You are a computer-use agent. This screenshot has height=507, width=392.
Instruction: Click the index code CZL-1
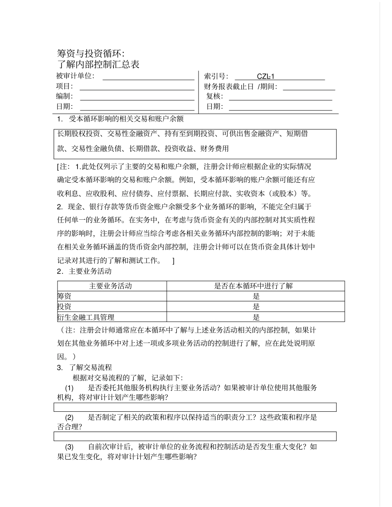click(265, 76)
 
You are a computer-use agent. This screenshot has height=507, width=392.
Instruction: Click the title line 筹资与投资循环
click(90, 54)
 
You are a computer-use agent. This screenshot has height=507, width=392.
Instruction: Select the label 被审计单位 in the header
click(75, 76)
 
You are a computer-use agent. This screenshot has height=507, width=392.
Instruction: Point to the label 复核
click(215, 96)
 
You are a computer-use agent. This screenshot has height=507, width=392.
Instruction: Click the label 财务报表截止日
click(229, 87)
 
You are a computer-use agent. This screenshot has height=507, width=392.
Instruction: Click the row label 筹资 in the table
click(64, 296)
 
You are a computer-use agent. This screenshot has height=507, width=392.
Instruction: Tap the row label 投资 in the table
click(64, 307)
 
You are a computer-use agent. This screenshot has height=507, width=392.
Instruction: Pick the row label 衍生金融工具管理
click(86, 317)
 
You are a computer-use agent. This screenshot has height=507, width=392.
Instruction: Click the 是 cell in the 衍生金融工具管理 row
click(256, 317)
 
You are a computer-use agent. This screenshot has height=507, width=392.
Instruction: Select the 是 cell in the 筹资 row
click(256, 296)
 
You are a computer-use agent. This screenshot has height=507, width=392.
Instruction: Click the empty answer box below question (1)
click(195, 407)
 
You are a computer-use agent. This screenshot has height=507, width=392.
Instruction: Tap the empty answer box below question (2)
click(195, 436)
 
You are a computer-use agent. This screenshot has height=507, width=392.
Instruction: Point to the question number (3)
click(69, 447)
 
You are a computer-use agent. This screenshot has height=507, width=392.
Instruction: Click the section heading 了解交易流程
click(90, 368)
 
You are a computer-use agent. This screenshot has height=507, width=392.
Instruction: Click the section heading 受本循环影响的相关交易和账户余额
click(126, 119)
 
